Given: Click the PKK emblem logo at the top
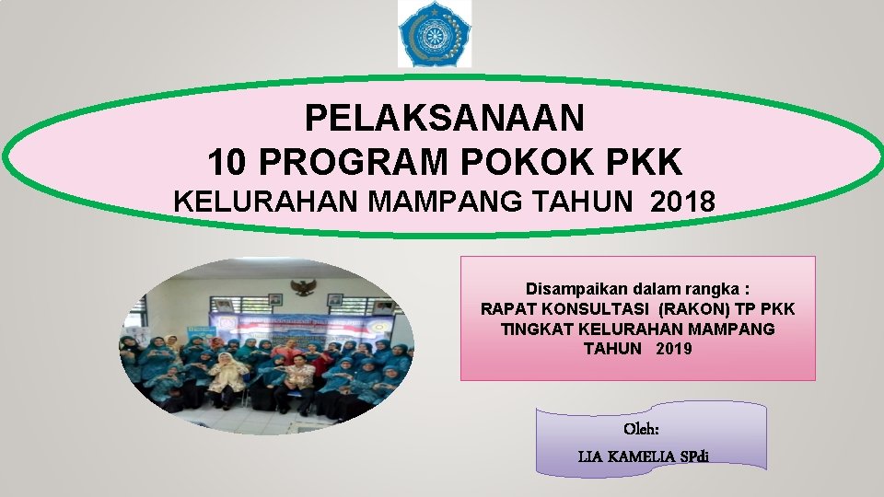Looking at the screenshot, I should (434, 34).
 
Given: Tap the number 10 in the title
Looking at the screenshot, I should (229, 163).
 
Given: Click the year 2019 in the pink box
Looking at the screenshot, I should (674, 349).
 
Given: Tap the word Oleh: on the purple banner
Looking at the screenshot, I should (642, 429).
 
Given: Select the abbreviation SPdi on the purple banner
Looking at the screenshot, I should (704, 456).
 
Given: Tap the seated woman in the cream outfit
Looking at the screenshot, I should (228, 377).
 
